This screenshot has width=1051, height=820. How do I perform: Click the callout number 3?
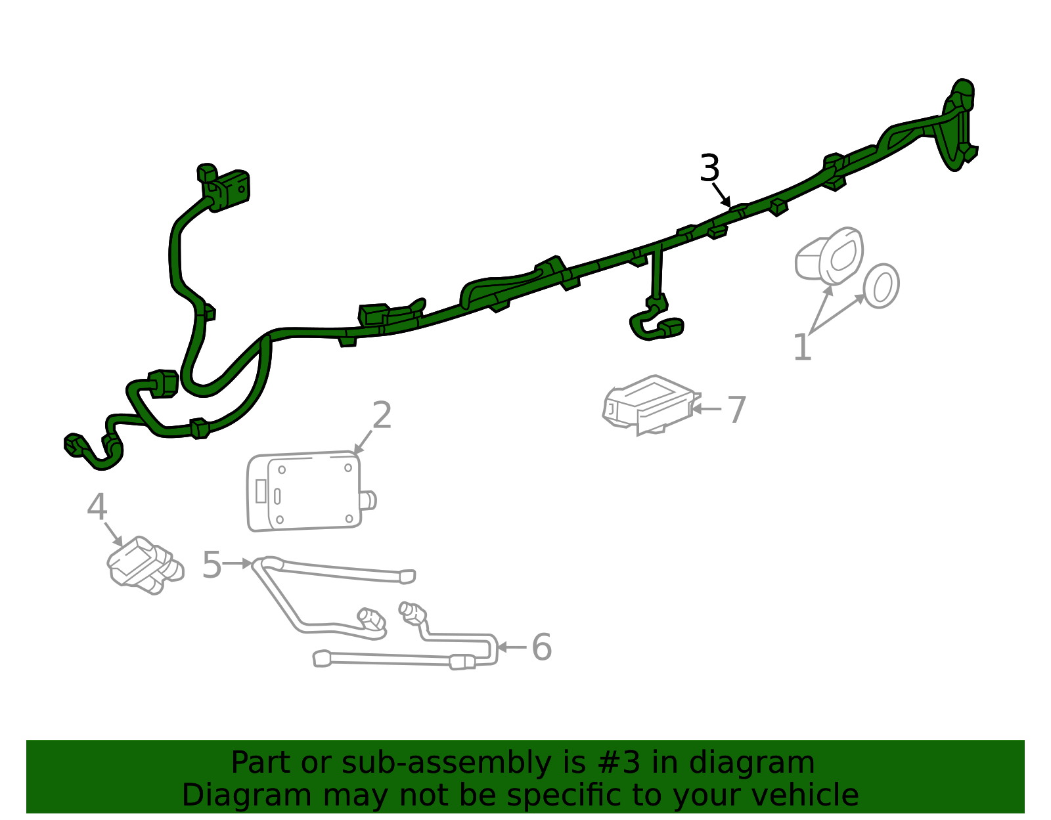click(x=710, y=168)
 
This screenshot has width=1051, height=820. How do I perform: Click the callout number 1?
click(x=803, y=347)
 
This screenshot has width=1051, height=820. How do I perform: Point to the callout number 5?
click(x=212, y=564)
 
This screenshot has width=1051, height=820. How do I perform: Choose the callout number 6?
click(x=541, y=647)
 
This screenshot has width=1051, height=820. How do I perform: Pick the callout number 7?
click(x=736, y=410)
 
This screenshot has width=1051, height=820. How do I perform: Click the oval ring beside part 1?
click(x=882, y=286)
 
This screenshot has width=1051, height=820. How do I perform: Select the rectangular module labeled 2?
click(x=305, y=492)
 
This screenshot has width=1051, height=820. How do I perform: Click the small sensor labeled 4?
click(x=144, y=565)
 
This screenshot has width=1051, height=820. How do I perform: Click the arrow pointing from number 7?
click(x=707, y=409)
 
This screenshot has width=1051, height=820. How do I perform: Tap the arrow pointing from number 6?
click(x=512, y=647)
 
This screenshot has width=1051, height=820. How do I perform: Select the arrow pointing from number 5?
click(x=238, y=563)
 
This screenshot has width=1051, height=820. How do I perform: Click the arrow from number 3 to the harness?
click(x=722, y=195)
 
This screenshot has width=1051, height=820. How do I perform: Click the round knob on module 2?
click(x=369, y=501)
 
